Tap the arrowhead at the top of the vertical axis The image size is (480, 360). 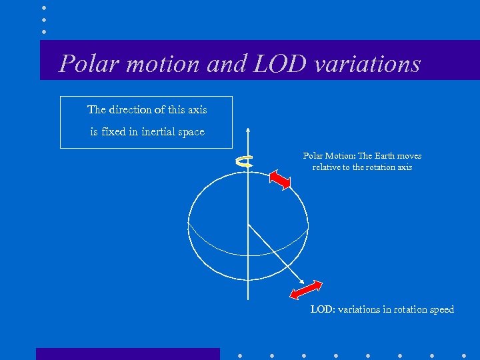tap(248, 130)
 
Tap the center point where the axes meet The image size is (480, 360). tap(248, 222)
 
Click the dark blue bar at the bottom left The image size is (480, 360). tap(127, 353)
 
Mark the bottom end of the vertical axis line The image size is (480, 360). tap(248, 299)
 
